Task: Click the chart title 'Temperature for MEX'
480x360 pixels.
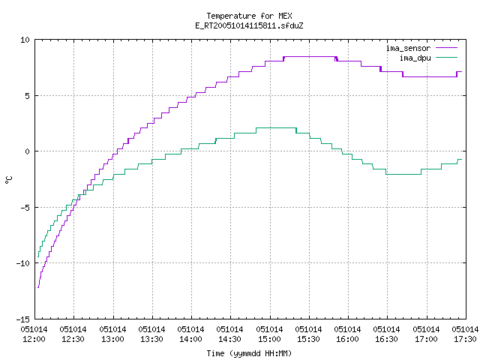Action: coord(249,16)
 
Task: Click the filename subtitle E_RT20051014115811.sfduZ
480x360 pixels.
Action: coord(249,25)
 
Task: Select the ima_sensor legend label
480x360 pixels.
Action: coord(408,48)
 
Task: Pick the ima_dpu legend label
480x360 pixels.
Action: coord(415,58)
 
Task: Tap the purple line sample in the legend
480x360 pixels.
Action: coord(446,48)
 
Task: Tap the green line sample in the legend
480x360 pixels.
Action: coord(446,57)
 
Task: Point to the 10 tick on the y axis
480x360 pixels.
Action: coord(25,40)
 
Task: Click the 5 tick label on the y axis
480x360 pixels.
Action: coord(28,96)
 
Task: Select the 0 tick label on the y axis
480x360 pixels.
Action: coord(28,151)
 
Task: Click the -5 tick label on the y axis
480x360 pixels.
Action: coord(25,208)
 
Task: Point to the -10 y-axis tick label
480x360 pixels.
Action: coord(23,263)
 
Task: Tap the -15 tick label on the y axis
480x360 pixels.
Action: coord(23,319)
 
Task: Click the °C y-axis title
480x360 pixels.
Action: coord(8,179)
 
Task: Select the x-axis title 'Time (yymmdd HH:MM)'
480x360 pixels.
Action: coord(249,353)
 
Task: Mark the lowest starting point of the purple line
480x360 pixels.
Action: coord(38,287)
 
